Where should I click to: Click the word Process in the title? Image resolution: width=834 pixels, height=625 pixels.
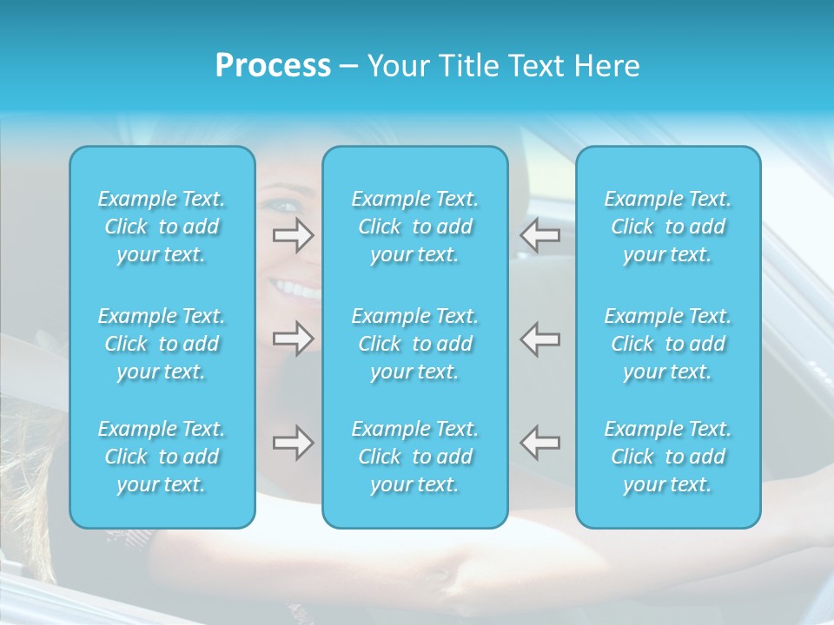point(273,66)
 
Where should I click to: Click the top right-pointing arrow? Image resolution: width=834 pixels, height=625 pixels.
point(294,235)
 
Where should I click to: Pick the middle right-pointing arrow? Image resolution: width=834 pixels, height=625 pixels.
point(294,339)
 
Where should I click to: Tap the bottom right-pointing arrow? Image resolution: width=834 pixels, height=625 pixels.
point(294,443)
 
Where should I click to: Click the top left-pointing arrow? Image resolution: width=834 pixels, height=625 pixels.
point(539,235)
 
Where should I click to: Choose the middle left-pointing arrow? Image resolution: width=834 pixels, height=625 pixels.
point(539,339)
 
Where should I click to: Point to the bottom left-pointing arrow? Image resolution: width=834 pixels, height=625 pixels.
point(539,443)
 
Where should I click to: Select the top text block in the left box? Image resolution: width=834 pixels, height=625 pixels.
point(162,227)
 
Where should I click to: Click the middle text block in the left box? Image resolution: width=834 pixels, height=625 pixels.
point(162,344)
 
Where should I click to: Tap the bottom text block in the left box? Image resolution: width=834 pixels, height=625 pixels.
point(162,457)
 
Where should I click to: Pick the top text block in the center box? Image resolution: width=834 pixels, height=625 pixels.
point(415,227)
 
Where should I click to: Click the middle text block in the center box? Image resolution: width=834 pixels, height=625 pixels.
point(415,344)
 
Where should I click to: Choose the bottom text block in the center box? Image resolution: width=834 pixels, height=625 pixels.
point(415,457)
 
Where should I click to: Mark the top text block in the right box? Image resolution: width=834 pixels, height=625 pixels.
point(668,227)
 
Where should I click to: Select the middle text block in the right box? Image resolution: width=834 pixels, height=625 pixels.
point(668,344)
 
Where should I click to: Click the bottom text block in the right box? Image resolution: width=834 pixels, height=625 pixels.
point(668,457)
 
